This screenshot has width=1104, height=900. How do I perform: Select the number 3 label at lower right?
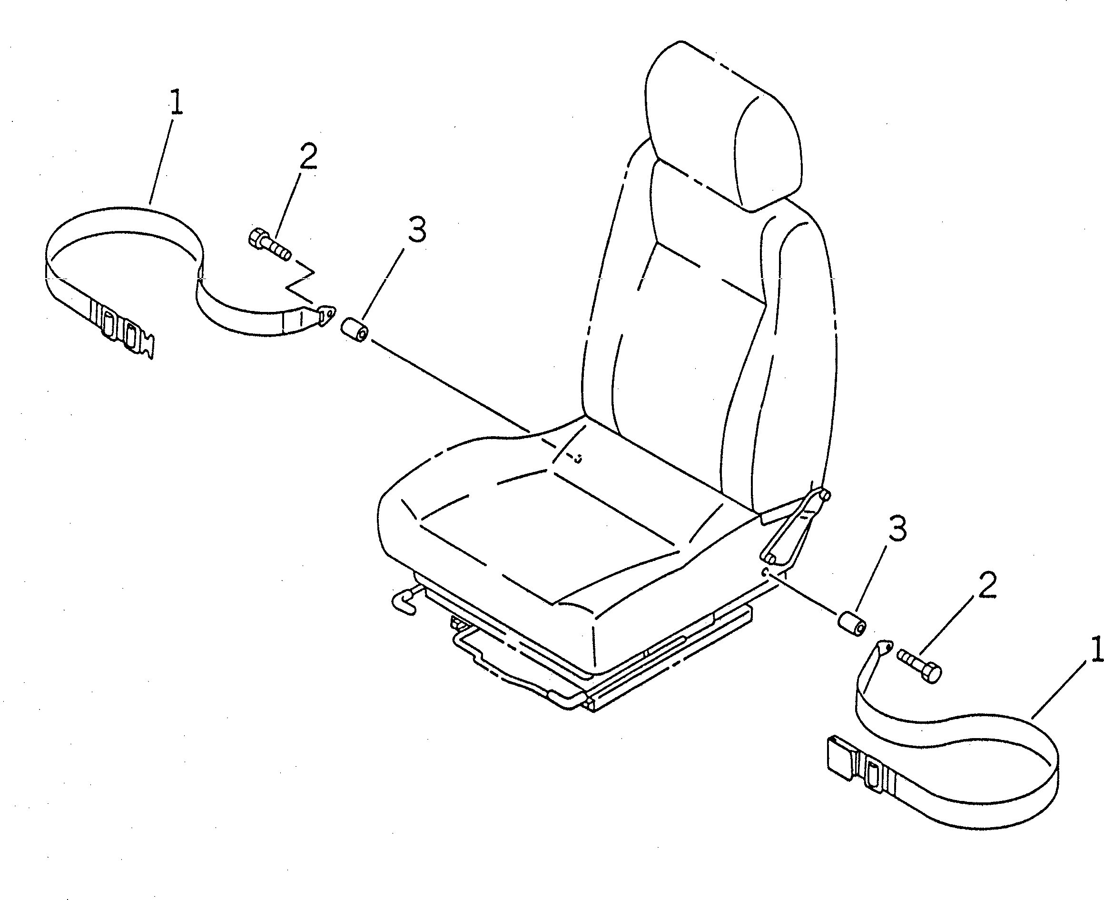pos(897,529)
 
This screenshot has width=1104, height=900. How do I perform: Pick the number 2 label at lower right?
pos(987,585)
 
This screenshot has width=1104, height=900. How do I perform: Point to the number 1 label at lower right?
pos(1096,650)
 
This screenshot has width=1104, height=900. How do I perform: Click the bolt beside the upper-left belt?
pos(269,245)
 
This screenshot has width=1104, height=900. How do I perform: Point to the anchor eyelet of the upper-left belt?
pos(325,315)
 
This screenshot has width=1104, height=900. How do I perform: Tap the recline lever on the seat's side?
pos(795,526)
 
